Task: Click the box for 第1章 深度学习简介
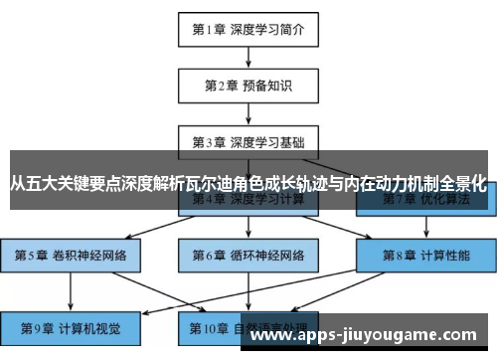[x=248, y=29]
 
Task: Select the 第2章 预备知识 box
[x=248, y=86]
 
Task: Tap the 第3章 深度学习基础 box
[x=248, y=141]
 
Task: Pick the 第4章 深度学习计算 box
[x=248, y=200]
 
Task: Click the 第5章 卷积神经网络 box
[x=71, y=255]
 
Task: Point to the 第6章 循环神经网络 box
[x=248, y=255]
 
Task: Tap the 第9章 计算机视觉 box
[x=71, y=326]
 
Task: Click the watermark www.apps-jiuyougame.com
[x=367, y=334]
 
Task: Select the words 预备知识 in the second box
[x=266, y=86]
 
